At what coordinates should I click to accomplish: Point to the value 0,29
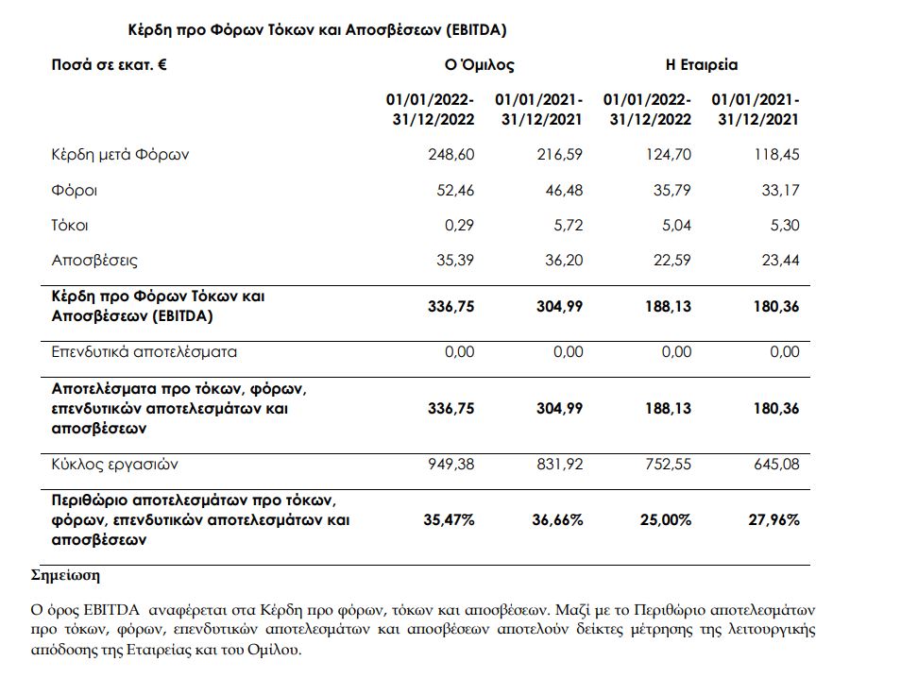point(459,226)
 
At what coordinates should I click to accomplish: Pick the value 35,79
point(671,191)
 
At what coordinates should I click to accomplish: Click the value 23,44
point(780,261)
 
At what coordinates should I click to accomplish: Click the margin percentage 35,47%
point(449,520)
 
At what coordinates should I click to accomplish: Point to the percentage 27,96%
point(773,520)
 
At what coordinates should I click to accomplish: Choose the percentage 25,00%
point(666,520)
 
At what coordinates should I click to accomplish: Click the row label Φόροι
point(74,191)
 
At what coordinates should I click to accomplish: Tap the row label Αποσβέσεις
point(94,261)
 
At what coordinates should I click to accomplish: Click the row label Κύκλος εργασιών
point(115,465)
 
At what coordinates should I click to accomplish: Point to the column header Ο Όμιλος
point(479,66)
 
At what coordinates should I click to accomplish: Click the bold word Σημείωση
point(66,575)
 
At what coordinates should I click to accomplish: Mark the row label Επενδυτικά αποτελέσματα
point(144,352)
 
